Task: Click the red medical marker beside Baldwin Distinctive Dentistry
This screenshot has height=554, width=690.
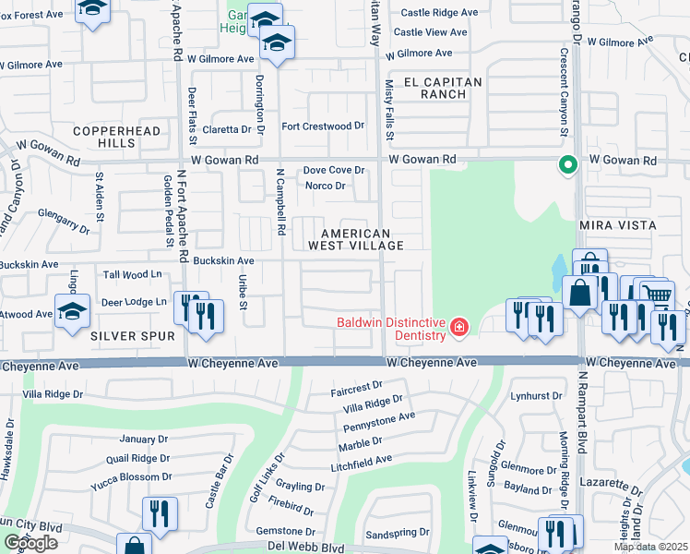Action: (x=458, y=327)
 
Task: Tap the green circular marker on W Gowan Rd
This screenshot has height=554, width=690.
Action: (x=568, y=165)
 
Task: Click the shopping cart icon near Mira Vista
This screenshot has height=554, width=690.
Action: (x=657, y=294)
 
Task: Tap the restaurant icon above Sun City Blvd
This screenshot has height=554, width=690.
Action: (x=160, y=513)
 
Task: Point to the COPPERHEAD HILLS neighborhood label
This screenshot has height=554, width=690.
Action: (x=104, y=138)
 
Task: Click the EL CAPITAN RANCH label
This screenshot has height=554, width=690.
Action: (x=438, y=88)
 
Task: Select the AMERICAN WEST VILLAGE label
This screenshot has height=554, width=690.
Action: (x=363, y=240)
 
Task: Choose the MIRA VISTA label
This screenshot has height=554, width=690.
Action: (x=617, y=225)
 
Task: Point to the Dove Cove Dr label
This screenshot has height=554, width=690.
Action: (x=335, y=170)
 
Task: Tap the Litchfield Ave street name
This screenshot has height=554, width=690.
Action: (x=362, y=459)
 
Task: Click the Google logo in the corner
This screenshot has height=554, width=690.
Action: (x=30, y=543)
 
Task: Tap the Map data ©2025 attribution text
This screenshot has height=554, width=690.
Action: (x=650, y=547)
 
